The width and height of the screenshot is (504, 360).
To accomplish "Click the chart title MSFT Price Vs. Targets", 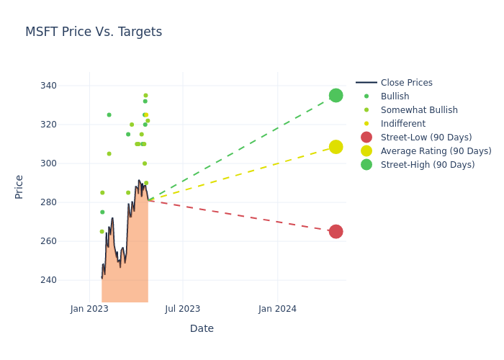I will coord(94,32).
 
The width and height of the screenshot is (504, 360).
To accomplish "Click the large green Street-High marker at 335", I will coord(336,96).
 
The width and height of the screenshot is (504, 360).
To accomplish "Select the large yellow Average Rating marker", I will coord(336,147).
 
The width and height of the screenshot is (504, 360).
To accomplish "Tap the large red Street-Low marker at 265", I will coord(336,232).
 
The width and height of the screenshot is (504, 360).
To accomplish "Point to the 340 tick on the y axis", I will coord(68,86).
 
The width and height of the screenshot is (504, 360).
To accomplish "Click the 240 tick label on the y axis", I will coord(68,280).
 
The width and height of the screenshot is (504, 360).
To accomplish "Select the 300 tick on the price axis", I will coord(68,163).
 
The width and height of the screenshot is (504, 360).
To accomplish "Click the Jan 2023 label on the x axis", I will coord(89,309).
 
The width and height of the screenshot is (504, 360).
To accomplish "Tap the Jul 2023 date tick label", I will coord(183,309).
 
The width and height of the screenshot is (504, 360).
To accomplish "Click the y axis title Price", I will coord(19,186).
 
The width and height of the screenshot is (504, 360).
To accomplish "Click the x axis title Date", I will coord(202,328).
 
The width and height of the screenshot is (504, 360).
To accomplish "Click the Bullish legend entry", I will coord(395,96).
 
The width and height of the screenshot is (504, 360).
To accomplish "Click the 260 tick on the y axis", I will coord(68,241).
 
